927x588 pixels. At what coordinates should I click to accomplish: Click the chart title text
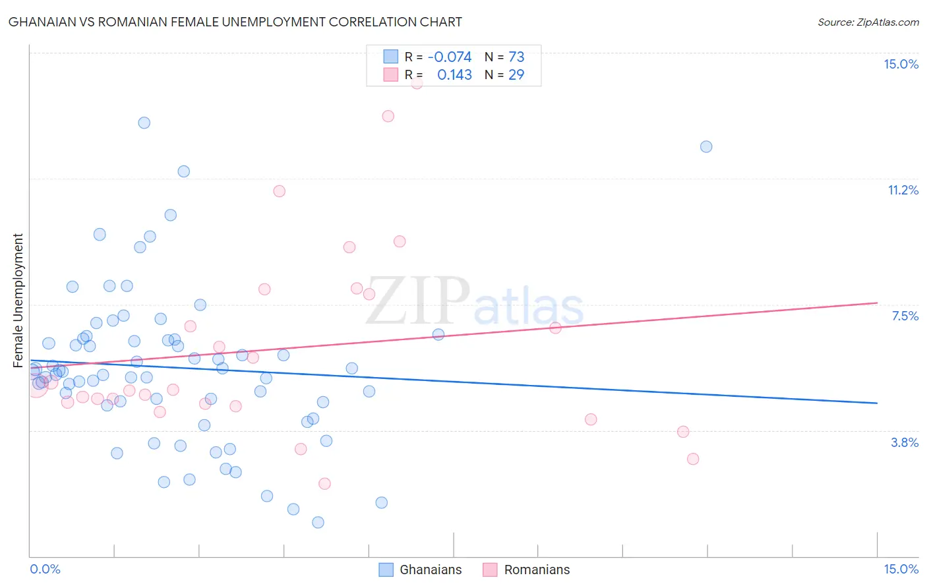(235, 22)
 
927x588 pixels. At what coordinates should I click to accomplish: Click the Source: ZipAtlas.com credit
(868, 22)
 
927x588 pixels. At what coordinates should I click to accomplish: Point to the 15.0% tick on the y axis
(901, 64)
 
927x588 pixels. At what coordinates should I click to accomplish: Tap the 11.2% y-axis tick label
(903, 190)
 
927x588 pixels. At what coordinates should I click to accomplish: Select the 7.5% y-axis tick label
(905, 316)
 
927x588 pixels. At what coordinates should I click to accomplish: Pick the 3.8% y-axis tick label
(905, 442)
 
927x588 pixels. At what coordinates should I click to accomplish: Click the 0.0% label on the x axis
(45, 569)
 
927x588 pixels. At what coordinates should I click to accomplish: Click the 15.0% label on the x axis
(901, 569)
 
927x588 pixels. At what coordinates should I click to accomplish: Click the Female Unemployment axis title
(18, 300)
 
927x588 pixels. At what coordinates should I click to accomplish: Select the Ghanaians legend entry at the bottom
(430, 570)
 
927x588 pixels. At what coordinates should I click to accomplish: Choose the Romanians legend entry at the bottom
(536, 570)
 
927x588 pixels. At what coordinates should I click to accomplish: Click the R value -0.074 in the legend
(450, 57)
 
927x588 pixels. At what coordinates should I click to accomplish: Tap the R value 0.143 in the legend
(454, 75)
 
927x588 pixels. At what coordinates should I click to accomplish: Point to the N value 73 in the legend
(516, 57)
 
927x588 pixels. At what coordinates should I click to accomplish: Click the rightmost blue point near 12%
(706, 146)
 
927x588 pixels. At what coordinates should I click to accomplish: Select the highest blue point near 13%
(144, 123)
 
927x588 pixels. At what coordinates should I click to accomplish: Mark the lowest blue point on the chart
(318, 522)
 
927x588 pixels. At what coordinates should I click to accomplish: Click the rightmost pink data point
(692, 459)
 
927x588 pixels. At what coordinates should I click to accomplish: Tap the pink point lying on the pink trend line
(555, 328)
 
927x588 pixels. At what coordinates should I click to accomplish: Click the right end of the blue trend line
(877, 403)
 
